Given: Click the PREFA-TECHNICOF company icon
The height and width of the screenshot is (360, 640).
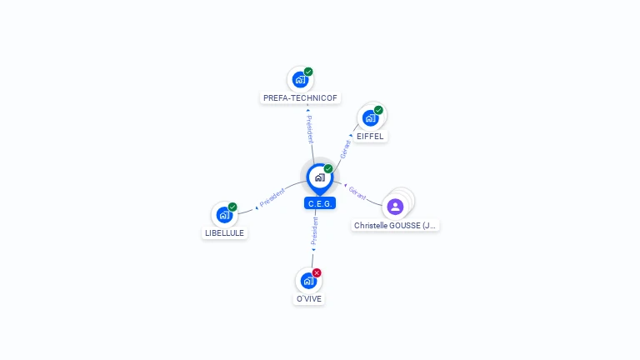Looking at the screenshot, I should click(300, 80).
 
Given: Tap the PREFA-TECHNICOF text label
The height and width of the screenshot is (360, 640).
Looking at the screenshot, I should click(300, 97).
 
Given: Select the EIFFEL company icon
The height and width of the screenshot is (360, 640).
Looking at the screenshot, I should click(370, 118).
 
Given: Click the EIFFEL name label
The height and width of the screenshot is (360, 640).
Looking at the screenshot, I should click(371, 136).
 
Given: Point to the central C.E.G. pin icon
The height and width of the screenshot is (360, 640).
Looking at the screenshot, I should click(319, 177).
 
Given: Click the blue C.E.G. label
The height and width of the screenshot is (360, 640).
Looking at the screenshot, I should click(320, 203).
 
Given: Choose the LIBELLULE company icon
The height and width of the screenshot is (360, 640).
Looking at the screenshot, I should click(223, 215).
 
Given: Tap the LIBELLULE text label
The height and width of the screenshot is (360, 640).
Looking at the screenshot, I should click(224, 233).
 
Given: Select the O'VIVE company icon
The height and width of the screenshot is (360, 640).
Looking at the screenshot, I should click(307, 281).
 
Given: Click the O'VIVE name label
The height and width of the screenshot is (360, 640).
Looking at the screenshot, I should click(308, 298).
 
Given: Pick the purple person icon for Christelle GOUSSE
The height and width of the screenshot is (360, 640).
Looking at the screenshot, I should click(395, 207).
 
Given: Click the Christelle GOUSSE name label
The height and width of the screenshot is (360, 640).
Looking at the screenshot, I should click(395, 226).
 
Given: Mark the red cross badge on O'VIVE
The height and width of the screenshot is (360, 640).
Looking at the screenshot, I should click(317, 272).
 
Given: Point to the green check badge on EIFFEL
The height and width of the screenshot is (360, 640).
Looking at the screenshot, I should click(378, 110).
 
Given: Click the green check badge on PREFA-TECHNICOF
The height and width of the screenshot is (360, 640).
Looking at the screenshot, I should click(308, 72).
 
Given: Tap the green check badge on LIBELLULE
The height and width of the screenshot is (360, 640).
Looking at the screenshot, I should click(232, 207).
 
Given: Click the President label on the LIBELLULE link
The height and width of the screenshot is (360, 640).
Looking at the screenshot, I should click(272, 197).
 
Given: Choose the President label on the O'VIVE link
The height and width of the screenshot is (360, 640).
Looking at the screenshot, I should click(314, 232).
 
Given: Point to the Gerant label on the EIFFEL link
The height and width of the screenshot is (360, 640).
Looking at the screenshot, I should click(346, 148).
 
